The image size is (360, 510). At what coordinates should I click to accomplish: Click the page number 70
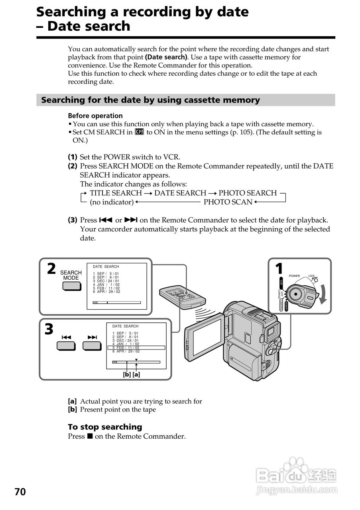tap(20, 492)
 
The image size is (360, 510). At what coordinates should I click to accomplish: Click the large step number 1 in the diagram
tap(279, 269)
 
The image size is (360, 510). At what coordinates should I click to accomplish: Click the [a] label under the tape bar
tap(136, 375)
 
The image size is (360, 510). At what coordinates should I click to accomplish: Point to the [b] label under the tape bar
tap(127, 375)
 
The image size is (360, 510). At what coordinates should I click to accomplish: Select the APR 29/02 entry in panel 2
tap(106, 292)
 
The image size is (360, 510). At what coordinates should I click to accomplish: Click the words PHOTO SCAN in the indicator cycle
tap(228, 202)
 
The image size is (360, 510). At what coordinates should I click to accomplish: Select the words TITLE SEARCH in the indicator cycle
tap(116, 193)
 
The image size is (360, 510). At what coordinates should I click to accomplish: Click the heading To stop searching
tap(105, 427)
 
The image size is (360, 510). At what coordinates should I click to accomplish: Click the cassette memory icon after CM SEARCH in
tap(139, 132)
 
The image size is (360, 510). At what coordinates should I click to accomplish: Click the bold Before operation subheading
tap(95, 116)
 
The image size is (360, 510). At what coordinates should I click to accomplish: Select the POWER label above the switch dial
tap(294, 276)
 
